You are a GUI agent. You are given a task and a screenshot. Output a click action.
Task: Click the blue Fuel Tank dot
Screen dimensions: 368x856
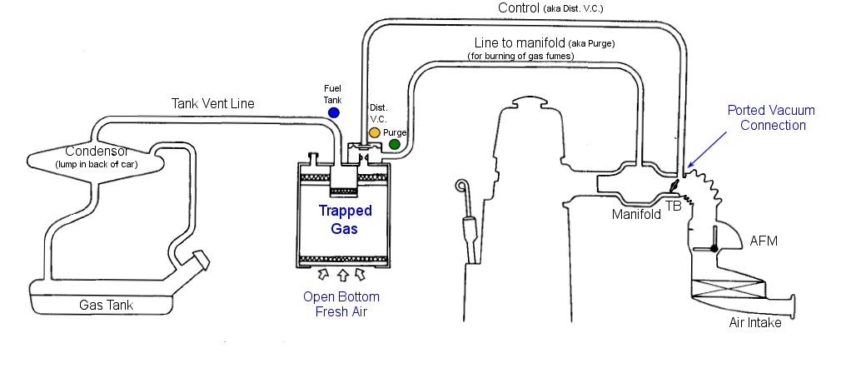tap(334, 112)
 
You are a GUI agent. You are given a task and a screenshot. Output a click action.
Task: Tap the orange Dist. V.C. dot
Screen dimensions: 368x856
tap(375, 132)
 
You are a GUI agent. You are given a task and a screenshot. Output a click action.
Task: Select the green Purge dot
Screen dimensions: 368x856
tap(395, 144)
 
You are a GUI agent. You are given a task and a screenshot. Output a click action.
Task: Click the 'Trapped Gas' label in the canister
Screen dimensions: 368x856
tap(344, 220)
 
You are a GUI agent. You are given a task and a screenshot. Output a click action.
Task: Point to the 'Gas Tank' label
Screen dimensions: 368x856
tap(106, 306)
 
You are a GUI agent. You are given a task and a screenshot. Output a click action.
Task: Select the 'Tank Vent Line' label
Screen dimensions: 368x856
tap(213, 104)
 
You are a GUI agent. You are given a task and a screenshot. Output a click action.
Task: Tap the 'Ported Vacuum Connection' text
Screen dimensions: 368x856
tap(771, 117)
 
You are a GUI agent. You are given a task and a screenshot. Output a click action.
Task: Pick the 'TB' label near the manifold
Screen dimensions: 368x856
tap(674, 205)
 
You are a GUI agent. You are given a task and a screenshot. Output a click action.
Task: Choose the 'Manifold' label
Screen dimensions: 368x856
tap(636, 214)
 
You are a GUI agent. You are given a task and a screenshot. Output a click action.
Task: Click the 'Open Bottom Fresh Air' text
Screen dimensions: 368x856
tap(342, 305)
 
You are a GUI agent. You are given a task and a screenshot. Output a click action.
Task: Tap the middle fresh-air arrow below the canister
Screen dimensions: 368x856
tap(343, 274)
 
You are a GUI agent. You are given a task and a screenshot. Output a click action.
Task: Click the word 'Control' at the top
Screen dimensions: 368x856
tap(518, 8)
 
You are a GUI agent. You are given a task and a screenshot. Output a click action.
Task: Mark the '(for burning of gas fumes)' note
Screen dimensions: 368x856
tap(520, 56)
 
